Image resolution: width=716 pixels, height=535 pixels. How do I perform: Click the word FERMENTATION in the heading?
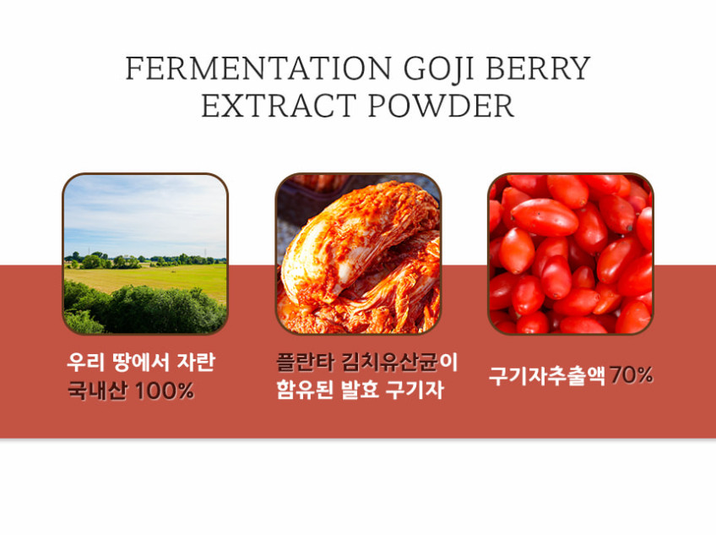click(x=258, y=68)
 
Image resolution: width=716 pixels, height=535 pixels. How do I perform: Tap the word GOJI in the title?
click(x=438, y=68)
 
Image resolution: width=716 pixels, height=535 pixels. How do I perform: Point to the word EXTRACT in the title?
click(x=279, y=106)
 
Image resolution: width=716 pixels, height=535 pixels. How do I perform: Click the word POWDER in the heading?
click(x=441, y=106)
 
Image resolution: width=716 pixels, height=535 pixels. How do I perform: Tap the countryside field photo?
click(x=145, y=254)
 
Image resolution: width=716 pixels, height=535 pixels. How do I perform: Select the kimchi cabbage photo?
click(x=358, y=254)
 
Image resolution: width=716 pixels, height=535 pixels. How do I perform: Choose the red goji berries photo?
click(x=571, y=254)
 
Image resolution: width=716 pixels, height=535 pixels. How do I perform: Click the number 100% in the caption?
click(x=165, y=391)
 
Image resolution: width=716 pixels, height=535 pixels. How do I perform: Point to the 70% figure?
click(x=631, y=375)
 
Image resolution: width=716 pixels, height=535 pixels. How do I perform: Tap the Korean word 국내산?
click(x=98, y=390)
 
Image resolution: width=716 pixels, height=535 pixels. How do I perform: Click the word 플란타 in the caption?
click(x=306, y=362)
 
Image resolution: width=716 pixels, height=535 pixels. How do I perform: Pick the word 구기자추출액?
click(x=547, y=376)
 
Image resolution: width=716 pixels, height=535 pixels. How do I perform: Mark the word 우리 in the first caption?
click(x=84, y=362)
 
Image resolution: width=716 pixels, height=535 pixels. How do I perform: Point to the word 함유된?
click(x=305, y=390)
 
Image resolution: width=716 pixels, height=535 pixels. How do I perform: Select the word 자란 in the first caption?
click(x=196, y=362)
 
